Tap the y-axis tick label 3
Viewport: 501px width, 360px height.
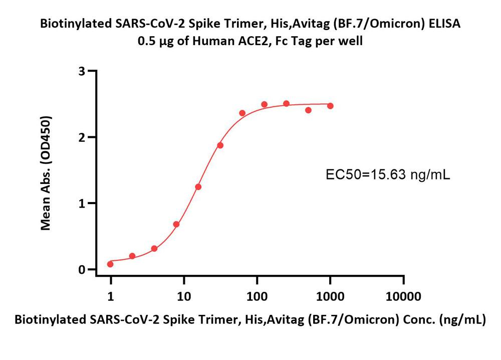click(81, 71)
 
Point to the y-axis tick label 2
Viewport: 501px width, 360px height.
click(81, 137)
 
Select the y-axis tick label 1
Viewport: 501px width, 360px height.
click(81, 203)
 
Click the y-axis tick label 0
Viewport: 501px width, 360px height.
click(81, 270)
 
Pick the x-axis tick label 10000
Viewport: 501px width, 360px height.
click(403, 296)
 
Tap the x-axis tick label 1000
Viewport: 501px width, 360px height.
click(330, 296)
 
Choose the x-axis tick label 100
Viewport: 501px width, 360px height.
click(257, 296)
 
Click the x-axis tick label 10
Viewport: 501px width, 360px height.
click(184, 296)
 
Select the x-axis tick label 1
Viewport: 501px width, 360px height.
click(111, 296)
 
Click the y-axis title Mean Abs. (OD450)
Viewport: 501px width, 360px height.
click(46, 173)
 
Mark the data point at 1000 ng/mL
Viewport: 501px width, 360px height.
click(330, 106)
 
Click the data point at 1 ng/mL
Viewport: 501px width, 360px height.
click(110, 264)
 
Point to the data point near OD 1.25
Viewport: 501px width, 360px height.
click(198, 187)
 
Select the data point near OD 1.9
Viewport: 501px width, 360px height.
click(220, 145)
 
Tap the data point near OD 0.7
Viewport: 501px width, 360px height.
click(176, 224)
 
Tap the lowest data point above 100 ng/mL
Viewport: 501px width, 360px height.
click(308, 110)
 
